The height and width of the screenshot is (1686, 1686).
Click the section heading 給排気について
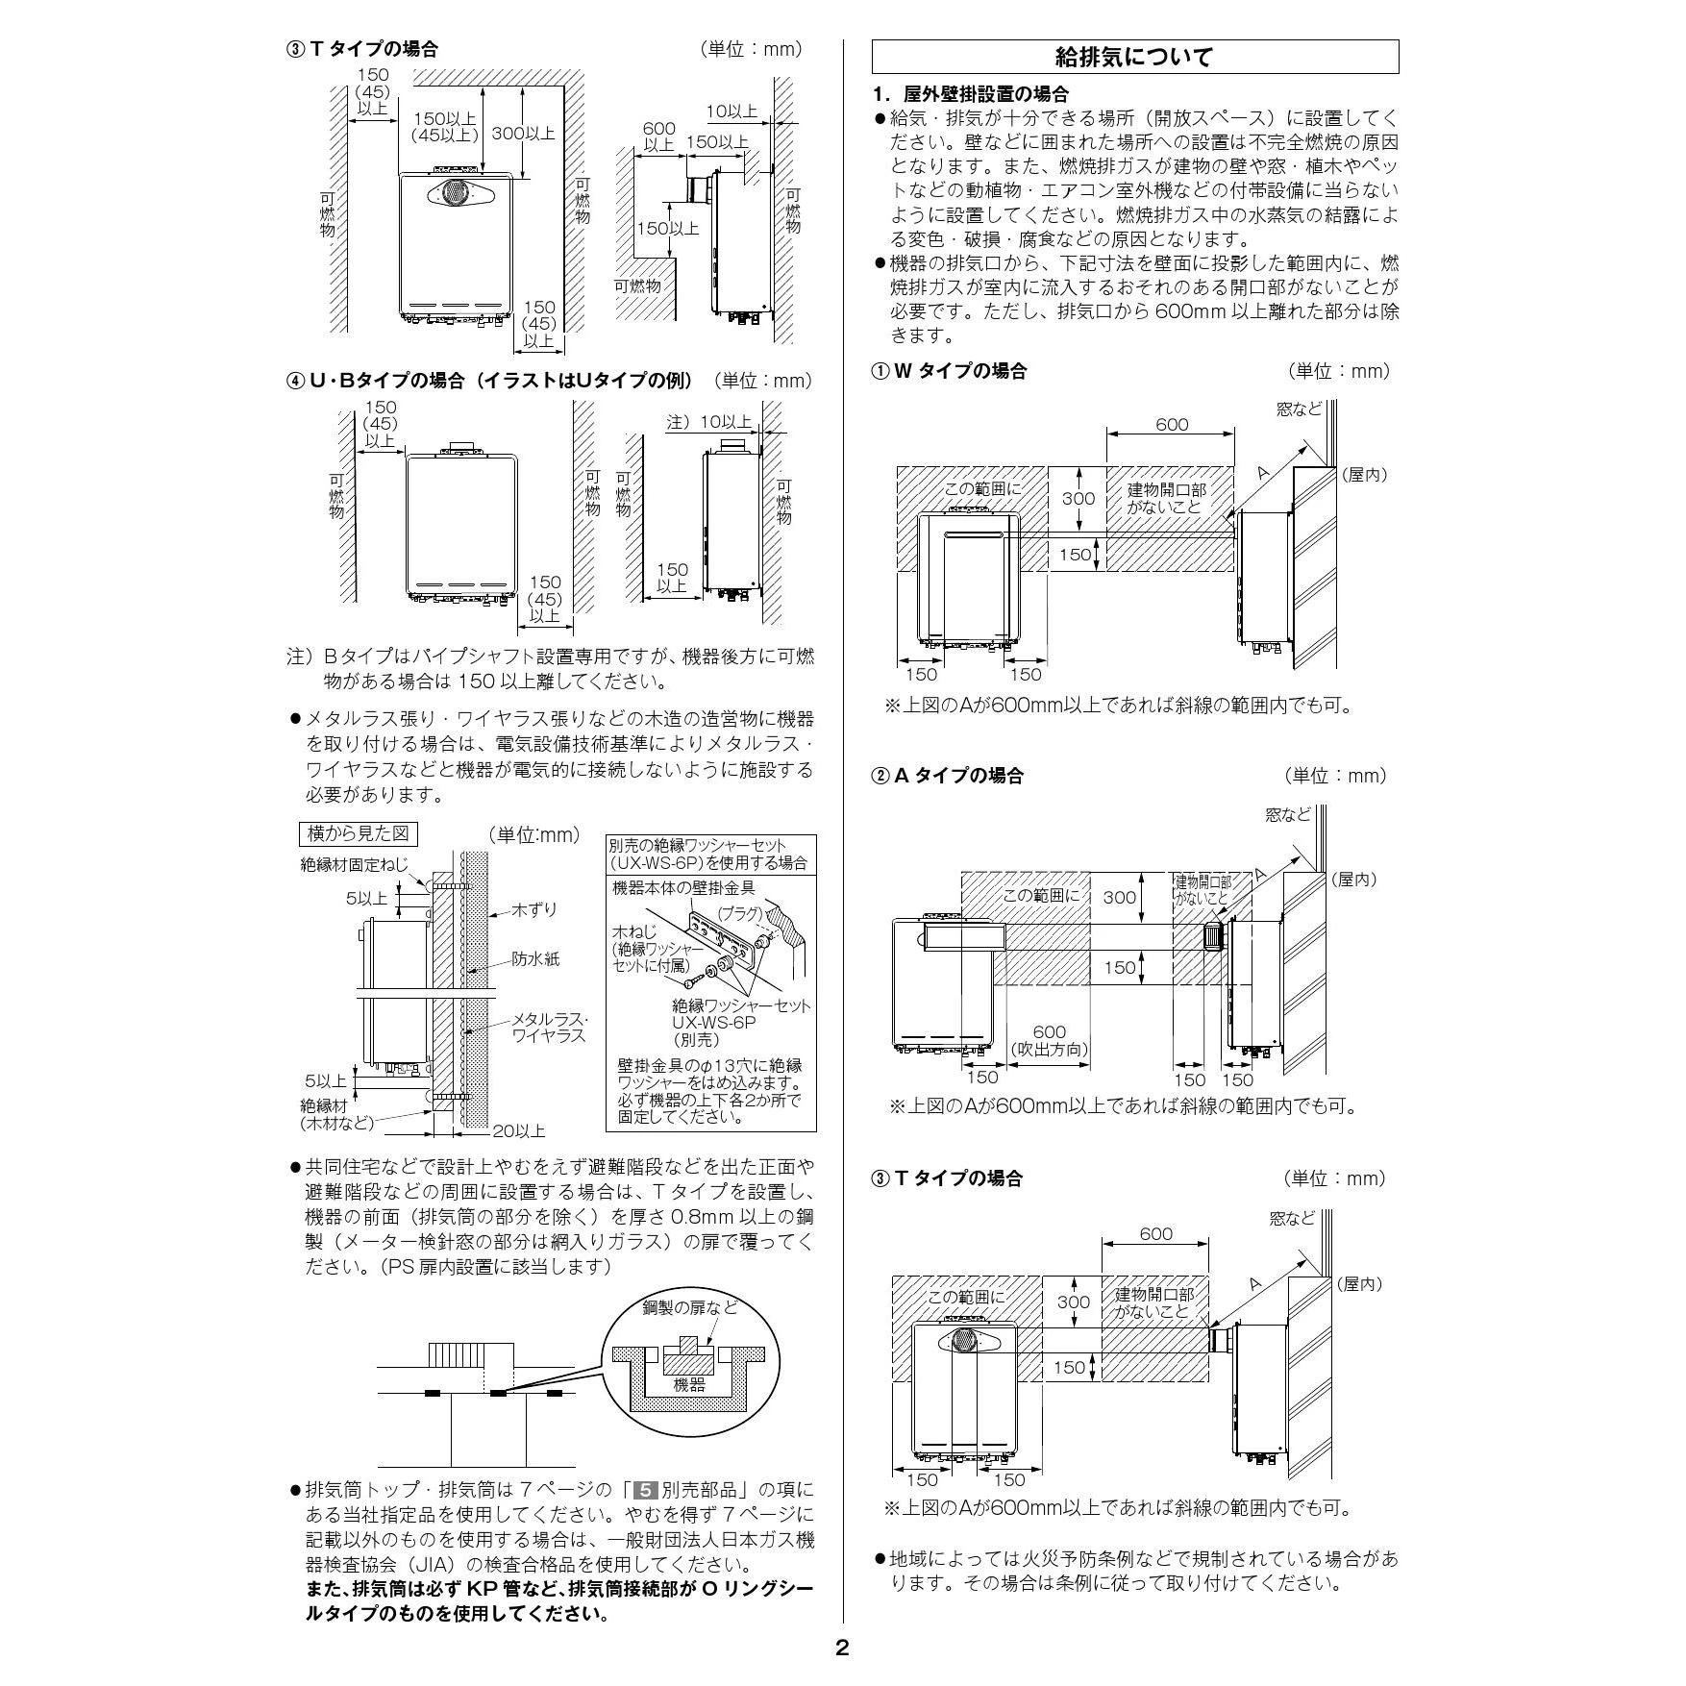tap(1134, 58)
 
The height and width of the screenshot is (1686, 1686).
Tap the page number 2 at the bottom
tap(842, 1649)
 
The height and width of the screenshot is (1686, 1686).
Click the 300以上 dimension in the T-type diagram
tap(524, 134)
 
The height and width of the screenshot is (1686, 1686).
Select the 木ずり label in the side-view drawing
tap(535, 909)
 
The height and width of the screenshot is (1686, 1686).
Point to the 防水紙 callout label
tap(535, 959)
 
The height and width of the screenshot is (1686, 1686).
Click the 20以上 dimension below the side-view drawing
tap(519, 1131)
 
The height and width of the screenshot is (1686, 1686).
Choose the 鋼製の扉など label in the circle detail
tap(691, 1307)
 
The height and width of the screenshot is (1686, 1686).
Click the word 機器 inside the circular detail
tap(689, 1385)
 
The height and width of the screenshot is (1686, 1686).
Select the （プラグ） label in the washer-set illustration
tap(740, 914)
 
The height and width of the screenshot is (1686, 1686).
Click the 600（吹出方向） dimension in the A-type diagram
tap(1049, 1041)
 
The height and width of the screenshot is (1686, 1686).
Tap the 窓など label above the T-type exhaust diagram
tap(1291, 1219)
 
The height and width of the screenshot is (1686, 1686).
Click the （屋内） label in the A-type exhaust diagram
tap(1353, 880)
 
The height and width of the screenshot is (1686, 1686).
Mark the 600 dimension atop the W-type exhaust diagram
tap(1172, 424)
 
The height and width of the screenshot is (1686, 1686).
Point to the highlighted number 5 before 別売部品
tap(648, 1490)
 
